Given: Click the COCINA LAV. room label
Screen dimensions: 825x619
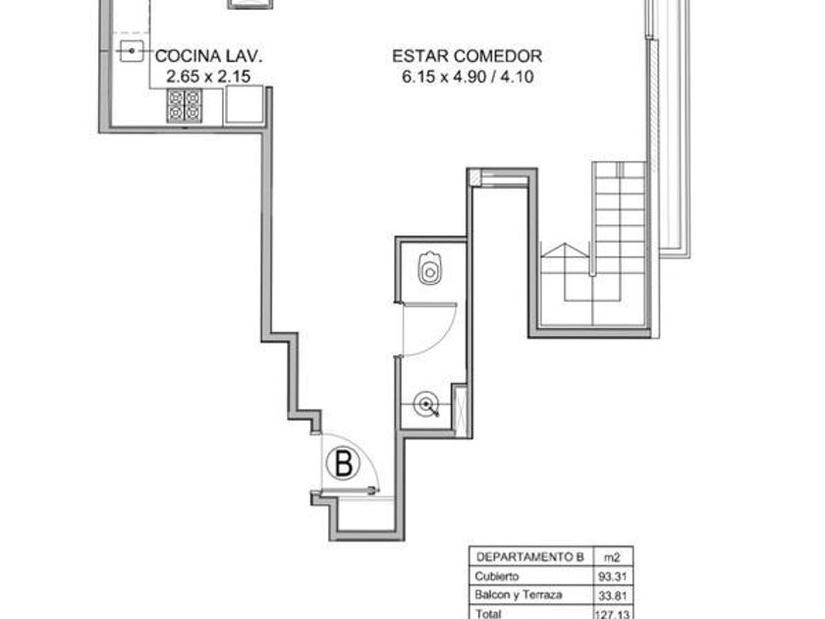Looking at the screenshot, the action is click(208, 56).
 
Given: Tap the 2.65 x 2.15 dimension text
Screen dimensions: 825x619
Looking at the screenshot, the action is click(208, 77).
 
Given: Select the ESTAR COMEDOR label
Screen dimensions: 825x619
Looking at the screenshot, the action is click(467, 56).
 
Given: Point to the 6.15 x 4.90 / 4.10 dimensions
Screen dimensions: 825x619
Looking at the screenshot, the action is click(467, 77).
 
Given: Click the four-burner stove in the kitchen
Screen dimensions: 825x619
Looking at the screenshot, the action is click(185, 105).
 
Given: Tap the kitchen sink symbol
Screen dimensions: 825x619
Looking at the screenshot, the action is click(132, 51).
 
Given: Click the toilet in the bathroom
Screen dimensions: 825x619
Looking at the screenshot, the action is click(430, 268).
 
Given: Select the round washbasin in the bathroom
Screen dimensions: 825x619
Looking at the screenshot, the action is click(425, 404).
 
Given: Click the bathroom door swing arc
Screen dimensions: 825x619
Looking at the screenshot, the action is click(445, 335).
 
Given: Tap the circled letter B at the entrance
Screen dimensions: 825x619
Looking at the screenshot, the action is click(343, 463).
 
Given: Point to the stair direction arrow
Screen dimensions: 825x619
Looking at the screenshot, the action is click(565, 252).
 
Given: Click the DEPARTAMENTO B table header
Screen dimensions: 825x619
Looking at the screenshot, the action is click(529, 557).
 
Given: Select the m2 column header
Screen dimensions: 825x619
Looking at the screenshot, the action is click(611, 557).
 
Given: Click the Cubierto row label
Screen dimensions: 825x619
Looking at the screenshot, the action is click(497, 576).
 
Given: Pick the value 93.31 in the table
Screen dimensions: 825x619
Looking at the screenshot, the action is click(613, 577).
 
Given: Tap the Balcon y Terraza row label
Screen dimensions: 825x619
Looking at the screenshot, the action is click(519, 594).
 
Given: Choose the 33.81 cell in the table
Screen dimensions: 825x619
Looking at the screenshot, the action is click(613, 595).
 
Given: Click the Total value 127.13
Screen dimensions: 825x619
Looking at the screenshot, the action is click(611, 614).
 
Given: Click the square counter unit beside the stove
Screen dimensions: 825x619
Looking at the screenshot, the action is click(245, 104).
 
